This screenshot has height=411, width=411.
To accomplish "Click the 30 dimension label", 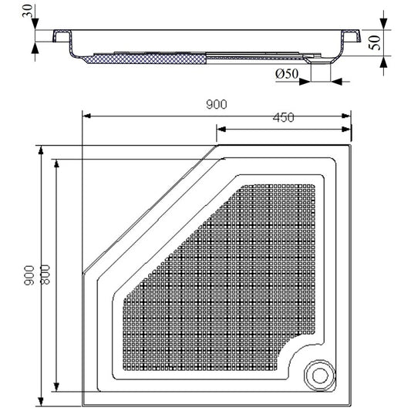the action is (28, 11).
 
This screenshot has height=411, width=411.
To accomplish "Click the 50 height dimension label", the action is (374, 42).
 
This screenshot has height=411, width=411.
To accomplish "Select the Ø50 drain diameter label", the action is (287, 74).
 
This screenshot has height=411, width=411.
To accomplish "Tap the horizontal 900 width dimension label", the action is (217, 104).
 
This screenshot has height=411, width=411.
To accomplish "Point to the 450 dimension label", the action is (283, 118).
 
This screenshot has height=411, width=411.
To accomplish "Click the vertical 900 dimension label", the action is (29, 275).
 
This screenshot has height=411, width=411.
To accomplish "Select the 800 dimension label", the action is (45, 275).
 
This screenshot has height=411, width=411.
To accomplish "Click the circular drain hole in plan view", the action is (320, 376).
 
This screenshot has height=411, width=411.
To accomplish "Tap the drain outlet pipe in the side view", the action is (321, 71).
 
